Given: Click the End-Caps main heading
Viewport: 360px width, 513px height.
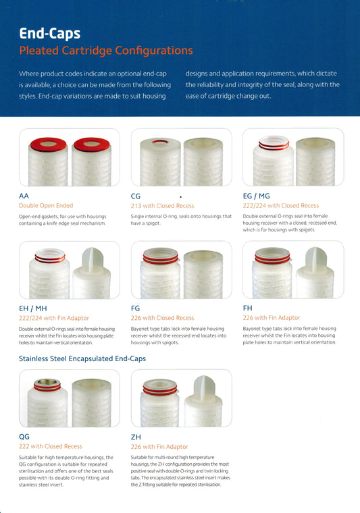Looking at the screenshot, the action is tap(50, 33).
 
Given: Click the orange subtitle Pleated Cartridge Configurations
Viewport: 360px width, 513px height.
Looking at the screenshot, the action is tap(106, 51).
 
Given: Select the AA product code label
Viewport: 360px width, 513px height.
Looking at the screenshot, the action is tap(24, 196).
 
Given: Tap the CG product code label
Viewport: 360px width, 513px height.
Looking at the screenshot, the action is tap(136, 196).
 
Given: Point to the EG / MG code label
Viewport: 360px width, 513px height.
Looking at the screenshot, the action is tap(256, 196).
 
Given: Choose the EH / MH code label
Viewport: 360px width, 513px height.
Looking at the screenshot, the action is tap(32, 308).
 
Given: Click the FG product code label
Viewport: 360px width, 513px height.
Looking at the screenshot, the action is tap(135, 308).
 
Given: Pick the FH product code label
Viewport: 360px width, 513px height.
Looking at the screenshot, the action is tap(247, 308).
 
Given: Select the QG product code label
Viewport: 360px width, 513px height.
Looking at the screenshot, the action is tap(24, 437).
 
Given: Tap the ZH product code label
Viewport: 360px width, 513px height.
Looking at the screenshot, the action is tap(136, 437).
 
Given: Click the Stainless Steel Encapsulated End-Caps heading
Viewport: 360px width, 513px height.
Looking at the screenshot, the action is tap(82, 358).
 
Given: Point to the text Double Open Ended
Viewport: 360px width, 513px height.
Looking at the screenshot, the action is tap(46, 205).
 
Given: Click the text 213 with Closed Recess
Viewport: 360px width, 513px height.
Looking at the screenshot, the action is tap(162, 206).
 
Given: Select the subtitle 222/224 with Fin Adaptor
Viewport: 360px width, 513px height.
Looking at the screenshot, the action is tap(53, 318).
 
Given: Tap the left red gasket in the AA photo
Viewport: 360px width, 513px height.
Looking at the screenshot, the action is tap(48, 144).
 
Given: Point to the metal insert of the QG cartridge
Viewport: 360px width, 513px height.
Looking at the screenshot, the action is tap(47, 382).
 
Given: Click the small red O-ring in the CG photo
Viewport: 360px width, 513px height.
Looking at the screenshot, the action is tap(160, 142).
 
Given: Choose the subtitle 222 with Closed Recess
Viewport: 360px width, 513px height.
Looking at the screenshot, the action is tap(51, 446).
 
